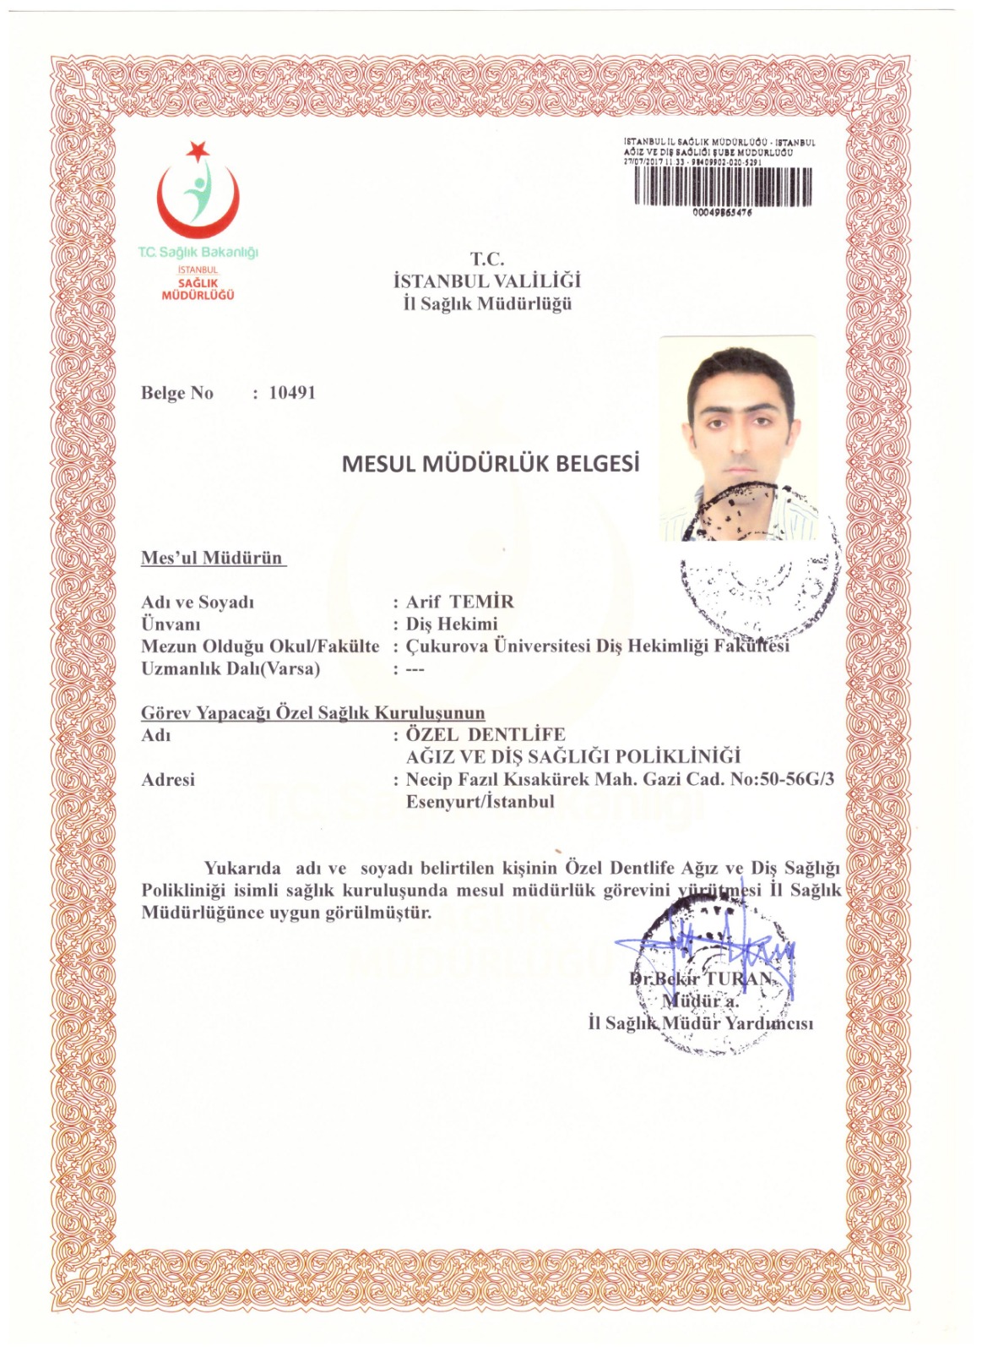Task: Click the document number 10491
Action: pyautogui.click(x=291, y=393)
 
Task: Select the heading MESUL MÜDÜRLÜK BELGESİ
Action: pyautogui.click(x=491, y=464)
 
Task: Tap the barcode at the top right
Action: pyautogui.click(x=723, y=187)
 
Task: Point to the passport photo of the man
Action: pyautogui.click(x=738, y=438)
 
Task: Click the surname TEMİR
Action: pyautogui.click(x=482, y=602)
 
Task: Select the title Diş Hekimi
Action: pyautogui.click(x=452, y=624)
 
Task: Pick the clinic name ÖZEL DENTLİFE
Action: pyautogui.click(x=486, y=734)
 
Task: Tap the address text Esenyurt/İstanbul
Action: pyautogui.click(x=480, y=801)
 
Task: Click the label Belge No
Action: pyautogui.click(x=177, y=393)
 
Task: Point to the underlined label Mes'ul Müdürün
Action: pyautogui.click(x=212, y=558)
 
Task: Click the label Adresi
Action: pyautogui.click(x=168, y=779)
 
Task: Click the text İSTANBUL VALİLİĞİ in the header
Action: pyautogui.click(x=487, y=281)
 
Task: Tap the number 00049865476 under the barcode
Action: pyautogui.click(x=722, y=213)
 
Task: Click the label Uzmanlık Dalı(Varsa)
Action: pyautogui.click(x=231, y=668)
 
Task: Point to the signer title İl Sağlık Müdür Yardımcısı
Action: pyautogui.click(x=701, y=1023)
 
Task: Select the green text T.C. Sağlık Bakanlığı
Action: pyautogui.click(x=198, y=252)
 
